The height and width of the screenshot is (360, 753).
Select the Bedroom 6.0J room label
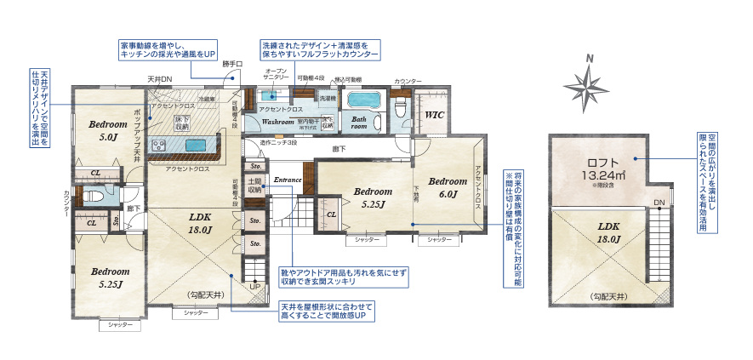point(447,187)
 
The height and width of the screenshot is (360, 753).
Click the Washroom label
point(277,123)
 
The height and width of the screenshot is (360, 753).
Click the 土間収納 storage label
point(254,186)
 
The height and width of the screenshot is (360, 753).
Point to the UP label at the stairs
point(254,287)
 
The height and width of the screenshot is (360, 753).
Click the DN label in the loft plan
point(659,203)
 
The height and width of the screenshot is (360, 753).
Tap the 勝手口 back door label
point(232,64)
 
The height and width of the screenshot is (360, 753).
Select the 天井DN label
point(159,78)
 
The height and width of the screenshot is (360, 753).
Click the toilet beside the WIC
point(401,107)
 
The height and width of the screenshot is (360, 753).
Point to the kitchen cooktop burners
point(158,146)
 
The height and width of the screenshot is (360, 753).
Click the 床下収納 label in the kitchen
point(181,122)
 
